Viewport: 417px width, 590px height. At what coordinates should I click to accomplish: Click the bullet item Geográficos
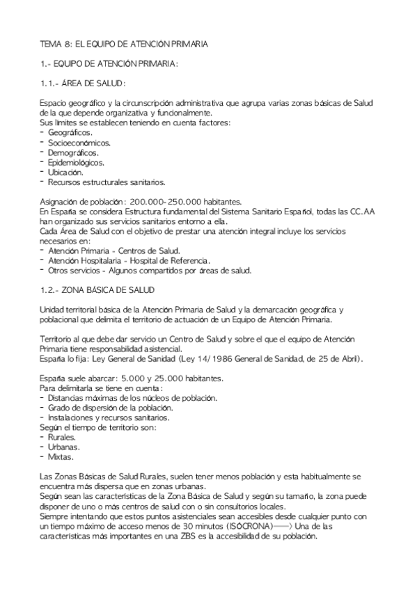[70, 132]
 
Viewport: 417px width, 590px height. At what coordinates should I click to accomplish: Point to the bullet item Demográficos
[73, 152]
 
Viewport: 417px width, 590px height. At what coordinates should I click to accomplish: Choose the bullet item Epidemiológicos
[76, 162]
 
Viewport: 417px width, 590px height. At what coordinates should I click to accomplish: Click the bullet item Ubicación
[65, 172]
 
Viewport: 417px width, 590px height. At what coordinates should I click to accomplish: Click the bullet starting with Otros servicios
[149, 270]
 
